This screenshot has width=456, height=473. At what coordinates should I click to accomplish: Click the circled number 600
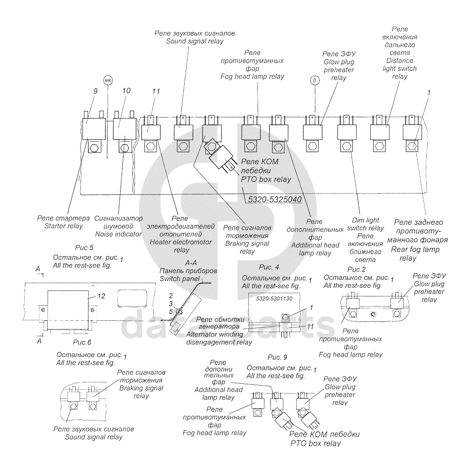tap(108, 81)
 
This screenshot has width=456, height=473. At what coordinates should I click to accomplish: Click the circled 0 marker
tap(314, 81)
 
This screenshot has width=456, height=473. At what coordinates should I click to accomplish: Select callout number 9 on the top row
tap(95, 91)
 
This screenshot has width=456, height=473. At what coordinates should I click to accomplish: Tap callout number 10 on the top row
tap(126, 91)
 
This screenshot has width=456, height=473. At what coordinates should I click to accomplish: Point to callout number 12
tap(101, 296)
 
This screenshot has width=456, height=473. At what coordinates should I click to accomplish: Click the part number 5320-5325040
tap(272, 199)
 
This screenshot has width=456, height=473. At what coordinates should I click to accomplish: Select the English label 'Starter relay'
tap(64, 226)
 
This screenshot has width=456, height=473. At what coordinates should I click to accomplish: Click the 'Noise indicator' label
tap(118, 234)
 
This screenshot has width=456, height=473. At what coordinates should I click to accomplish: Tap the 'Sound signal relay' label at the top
tap(194, 41)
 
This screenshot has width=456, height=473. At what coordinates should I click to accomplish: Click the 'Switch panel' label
tap(180, 279)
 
